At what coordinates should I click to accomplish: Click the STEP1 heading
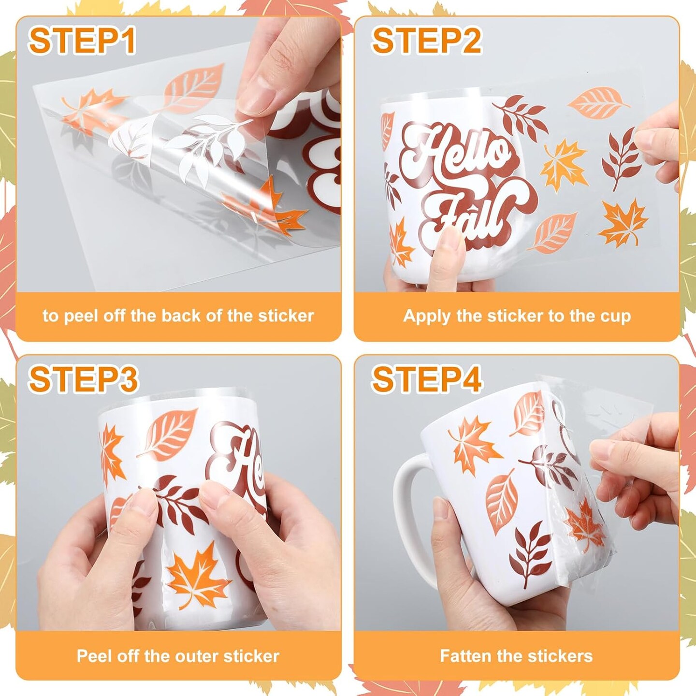82,41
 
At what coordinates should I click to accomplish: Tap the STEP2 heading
427,41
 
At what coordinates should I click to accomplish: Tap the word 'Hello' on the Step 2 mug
456,154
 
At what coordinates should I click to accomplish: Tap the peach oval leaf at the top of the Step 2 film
598,103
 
